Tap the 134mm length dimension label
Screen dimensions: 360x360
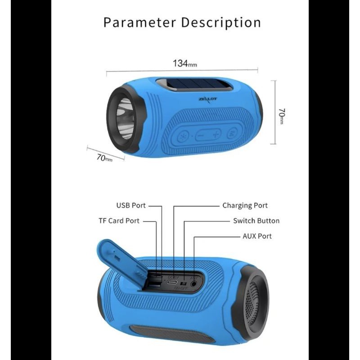click(x=184, y=63)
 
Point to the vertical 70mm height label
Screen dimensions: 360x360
click(x=281, y=116)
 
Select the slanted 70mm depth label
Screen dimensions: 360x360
click(x=104, y=157)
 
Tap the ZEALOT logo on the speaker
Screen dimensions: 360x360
click(x=208, y=100)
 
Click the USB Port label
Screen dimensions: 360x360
click(x=131, y=206)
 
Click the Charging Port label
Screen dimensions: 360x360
click(x=245, y=206)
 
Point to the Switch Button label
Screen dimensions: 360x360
click(x=256, y=221)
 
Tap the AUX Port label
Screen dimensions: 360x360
click(x=257, y=236)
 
